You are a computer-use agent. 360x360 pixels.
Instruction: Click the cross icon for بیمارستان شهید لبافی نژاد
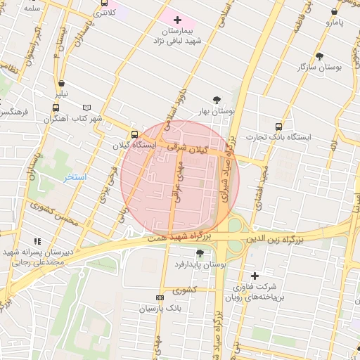click(176, 20)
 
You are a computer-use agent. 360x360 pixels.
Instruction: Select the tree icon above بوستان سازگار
click(320, 56)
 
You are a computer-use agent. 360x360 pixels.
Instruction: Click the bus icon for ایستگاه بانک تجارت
click(279, 127)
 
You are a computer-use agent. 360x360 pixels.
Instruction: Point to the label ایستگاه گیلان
click(134, 145)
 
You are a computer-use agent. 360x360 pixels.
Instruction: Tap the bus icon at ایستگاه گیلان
click(134, 134)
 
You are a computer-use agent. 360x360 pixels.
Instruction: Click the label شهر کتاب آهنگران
click(73, 118)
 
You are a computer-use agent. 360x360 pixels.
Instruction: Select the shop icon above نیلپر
click(62, 83)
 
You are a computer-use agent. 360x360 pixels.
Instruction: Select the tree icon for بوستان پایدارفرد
click(200, 252)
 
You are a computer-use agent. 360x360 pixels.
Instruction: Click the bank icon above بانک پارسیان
click(160, 298)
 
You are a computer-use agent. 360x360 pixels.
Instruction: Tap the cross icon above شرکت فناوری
click(255, 276)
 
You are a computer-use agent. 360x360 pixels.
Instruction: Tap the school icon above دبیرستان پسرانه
click(37, 240)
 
